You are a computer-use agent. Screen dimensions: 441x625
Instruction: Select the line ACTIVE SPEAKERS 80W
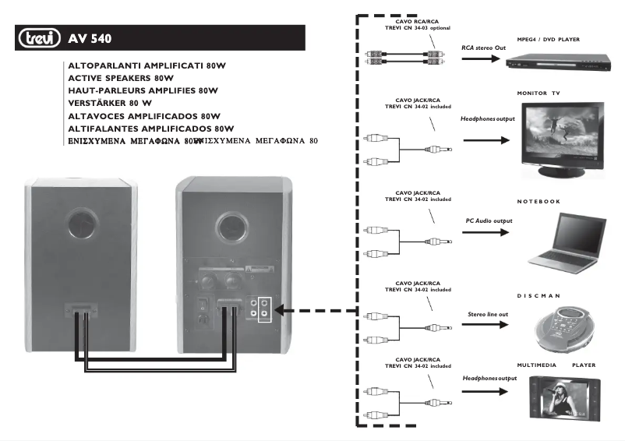[x=121, y=79]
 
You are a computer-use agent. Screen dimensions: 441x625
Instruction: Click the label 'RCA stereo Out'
[x=482, y=47]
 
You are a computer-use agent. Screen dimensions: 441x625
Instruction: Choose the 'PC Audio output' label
[x=489, y=221]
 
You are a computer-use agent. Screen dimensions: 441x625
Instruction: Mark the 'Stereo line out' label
[x=487, y=314]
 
